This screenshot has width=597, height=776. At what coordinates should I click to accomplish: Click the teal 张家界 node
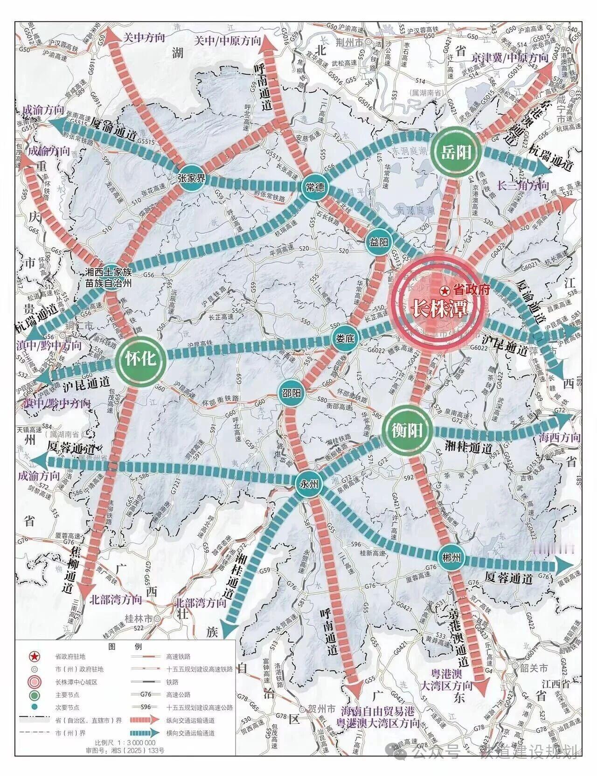tap(191, 178)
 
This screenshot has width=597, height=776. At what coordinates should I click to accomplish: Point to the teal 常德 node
tap(315, 187)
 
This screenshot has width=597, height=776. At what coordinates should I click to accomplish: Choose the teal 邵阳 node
tap(291, 393)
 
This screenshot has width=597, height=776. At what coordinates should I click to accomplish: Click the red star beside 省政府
tap(445, 290)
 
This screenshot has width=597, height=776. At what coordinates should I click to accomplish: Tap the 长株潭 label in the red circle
tap(439, 308)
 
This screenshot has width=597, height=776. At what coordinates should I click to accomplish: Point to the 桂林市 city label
tap(139, 618)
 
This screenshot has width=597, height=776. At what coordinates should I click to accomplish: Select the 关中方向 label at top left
tap(144, 38)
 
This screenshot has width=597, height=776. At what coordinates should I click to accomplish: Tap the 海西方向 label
tap(560, 437)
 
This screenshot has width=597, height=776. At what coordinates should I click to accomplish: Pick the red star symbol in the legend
tap(34, 657)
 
